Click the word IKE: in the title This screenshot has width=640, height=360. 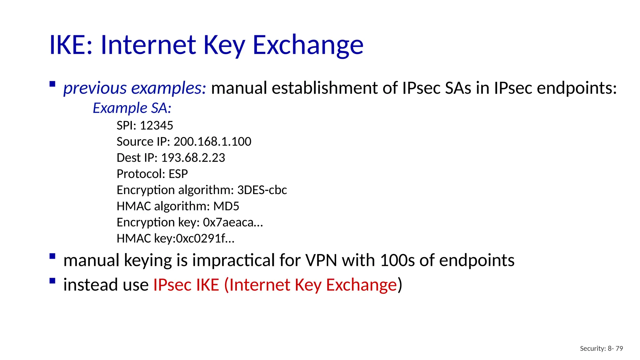(x=71, y=45)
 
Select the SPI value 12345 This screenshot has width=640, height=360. (x=156, y=126)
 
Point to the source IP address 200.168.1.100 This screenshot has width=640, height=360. (x=212, y=142)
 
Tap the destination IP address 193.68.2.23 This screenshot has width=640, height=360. (x=193, y=158)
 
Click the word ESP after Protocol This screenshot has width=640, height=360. (x=178, y=174)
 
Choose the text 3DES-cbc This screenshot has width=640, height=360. (x=262, y=190)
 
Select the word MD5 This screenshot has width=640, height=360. (x=226, y=206)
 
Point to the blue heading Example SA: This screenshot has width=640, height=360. (x=132, y=108)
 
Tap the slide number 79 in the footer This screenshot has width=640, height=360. (x=619, y=348)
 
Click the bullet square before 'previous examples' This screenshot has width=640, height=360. (x=52, y=84)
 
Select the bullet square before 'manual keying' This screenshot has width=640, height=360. (x=52, y=257)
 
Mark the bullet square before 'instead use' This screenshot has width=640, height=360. (x=52, y=281)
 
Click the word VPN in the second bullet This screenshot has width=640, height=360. (x=321, y=260)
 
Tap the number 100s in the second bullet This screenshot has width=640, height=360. (x=397, y=260)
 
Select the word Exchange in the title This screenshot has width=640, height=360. (x=308, y=45)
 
